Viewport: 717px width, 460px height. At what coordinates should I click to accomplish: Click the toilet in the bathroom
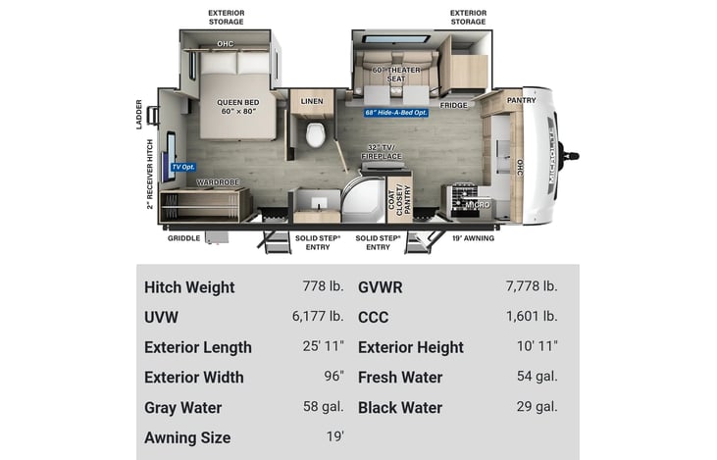click(316, 134)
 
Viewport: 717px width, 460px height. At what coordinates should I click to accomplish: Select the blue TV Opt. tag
click(183, 167)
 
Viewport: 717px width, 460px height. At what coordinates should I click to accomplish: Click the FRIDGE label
click(453, 104)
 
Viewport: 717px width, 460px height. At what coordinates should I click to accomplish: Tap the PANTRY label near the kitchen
click(521, 100)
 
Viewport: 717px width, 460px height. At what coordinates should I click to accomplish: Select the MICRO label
click(477, 204)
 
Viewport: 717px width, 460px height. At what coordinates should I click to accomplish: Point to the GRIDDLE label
click(184, 237)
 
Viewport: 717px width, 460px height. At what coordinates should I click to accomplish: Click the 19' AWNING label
click(472, 237)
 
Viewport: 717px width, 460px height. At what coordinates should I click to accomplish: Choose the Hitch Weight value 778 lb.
click(323, 287)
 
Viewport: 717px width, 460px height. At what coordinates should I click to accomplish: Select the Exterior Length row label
click(197, 347)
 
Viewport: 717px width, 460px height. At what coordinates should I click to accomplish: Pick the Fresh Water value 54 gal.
click(537, 377)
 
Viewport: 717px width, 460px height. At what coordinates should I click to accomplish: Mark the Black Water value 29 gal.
click(537, 407)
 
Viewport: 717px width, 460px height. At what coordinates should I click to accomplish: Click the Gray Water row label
click(182, 407)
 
